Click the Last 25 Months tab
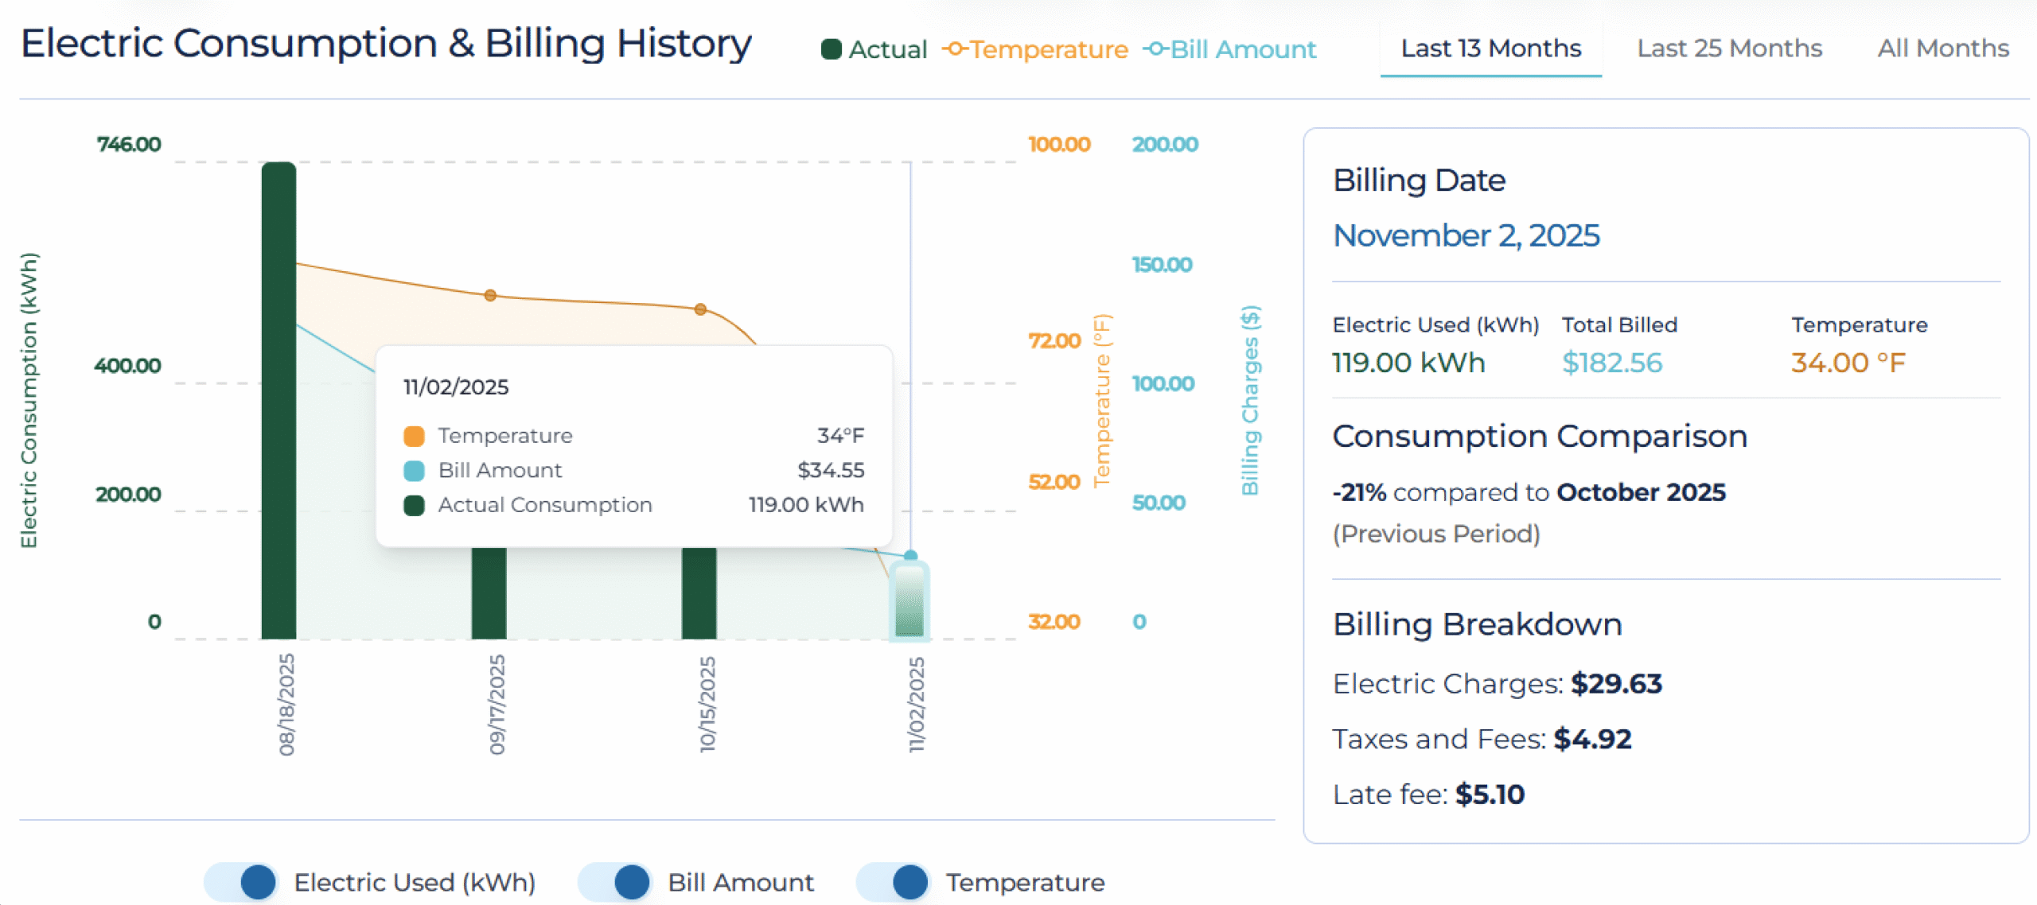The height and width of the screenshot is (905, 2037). pos(1729,49)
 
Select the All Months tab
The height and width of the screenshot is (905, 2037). pos(1942,49)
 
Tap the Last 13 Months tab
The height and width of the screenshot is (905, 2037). pos(1490,49)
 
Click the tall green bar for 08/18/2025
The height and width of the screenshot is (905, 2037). pos(278,398)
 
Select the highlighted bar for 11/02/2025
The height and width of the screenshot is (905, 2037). pos(909,600)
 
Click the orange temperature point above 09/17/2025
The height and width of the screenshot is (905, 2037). pos(490,295)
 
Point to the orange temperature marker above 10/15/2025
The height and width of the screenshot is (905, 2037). pos(700,309)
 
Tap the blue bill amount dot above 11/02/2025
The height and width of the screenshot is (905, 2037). pos(911,555)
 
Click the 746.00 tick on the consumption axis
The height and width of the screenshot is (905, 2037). pos(129,144)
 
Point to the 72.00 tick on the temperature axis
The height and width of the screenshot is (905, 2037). pos(1054,340)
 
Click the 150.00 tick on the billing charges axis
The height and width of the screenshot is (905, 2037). pos(1162,264)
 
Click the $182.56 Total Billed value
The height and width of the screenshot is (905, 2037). pos(1611,363)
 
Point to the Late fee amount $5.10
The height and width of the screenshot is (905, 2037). pos(1489,794)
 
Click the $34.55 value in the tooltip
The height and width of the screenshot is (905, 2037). pos(830,470)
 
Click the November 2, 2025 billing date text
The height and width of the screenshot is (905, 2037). pos(1466,235)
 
